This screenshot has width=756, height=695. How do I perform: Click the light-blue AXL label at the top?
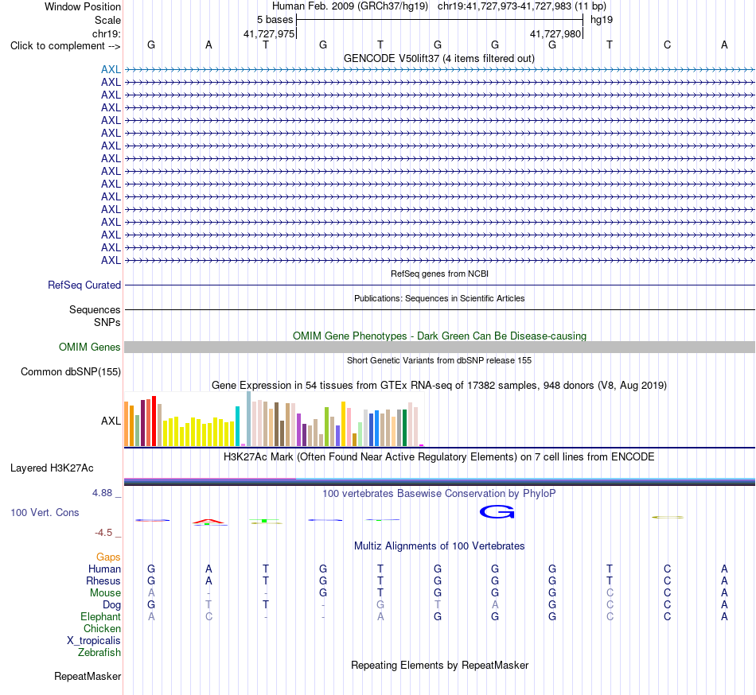[111, 69]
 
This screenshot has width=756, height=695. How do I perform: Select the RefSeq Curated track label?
[84, 285]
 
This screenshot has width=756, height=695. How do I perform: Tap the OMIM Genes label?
[90, 347]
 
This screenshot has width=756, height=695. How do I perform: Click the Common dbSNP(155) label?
[71, 372]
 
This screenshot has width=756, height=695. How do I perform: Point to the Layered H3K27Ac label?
[52, 468]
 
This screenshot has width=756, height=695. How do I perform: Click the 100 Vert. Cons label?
[45, 512]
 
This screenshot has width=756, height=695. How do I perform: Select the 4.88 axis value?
[102, 493]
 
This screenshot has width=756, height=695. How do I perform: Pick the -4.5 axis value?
[103, 532]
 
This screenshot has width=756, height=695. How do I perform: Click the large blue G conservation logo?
[497, 512]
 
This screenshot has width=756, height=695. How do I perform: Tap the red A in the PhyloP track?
[208, 521]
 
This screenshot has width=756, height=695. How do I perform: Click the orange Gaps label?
[108, 557]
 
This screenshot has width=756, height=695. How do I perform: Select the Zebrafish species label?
[99, 652]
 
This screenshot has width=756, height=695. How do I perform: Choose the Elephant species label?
[101, 616]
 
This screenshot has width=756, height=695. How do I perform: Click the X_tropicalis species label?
[94, 641]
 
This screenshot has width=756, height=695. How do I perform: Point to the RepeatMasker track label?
[88, 676]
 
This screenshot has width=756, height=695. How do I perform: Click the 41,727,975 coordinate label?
[269, 33]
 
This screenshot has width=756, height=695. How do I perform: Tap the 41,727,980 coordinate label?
[555, 33]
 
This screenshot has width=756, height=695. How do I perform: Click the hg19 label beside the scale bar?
[602, 20]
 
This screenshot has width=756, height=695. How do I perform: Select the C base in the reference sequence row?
[668, 45]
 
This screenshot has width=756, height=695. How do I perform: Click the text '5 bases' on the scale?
[275, 20]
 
